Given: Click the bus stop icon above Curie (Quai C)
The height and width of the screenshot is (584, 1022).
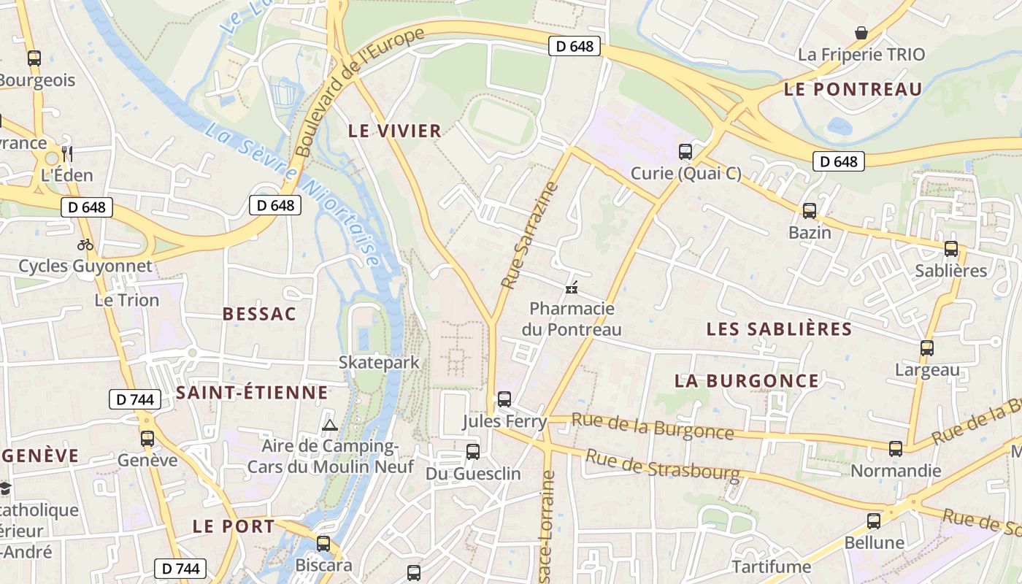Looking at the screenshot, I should [685, 152].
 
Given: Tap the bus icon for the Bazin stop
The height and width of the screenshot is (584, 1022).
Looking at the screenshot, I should [809, 211].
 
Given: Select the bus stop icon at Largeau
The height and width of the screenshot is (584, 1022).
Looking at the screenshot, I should [926, 348].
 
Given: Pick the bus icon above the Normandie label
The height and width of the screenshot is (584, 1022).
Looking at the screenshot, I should [895, 449].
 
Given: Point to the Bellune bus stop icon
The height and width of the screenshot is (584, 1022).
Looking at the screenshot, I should [873, 521].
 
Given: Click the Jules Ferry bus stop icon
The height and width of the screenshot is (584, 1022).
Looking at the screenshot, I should [504, 399].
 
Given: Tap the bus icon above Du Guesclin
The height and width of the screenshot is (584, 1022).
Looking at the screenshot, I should [472, 452].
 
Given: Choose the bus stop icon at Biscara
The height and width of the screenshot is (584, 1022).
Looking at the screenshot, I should [323, 544].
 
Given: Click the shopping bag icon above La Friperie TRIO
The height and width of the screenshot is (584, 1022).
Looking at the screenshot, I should [861, 33].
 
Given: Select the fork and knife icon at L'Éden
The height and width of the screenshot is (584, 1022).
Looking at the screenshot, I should [67, 153].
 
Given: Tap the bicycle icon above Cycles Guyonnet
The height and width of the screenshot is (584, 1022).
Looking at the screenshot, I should [85, 245].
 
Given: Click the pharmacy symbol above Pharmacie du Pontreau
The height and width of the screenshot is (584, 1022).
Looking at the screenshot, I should [572, 288].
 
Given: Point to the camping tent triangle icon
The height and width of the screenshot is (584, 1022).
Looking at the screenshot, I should [330, 424].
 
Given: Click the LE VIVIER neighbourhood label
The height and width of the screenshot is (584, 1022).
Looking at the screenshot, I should [395, 131].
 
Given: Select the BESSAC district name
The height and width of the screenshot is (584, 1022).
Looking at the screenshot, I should [259, 314].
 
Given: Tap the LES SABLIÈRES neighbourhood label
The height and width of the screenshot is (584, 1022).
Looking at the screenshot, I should [779, 329].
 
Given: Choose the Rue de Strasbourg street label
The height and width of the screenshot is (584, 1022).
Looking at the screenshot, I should [663, 465].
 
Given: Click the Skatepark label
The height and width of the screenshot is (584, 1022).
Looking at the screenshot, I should [379, 362].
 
